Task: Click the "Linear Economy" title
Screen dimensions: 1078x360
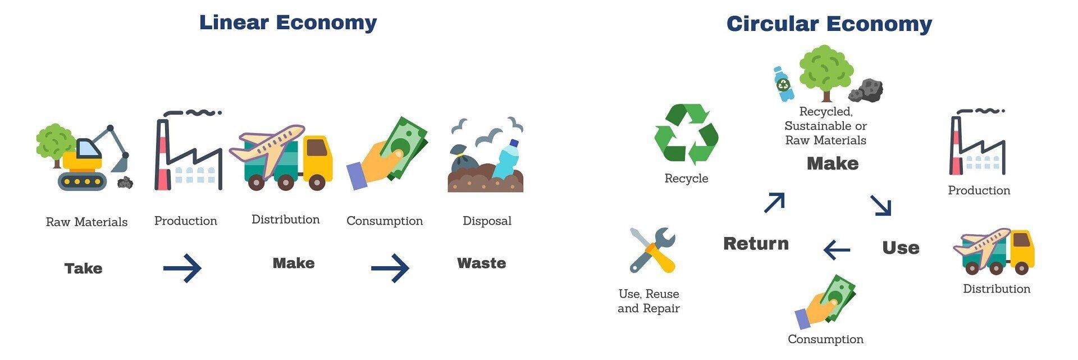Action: [x=288, y=22]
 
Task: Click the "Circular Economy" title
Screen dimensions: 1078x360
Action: [x=829, y=24]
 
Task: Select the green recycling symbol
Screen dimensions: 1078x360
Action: [x=686, y=135]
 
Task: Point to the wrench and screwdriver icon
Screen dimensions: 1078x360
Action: [x=652, y=250]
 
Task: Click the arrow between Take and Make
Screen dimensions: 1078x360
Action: [x=182, y=268]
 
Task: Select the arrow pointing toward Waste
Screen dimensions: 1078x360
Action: [x=390, y=268]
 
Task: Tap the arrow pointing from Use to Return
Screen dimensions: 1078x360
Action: [x=837, y=249]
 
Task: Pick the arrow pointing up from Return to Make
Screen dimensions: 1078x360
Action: [x=774, y=202]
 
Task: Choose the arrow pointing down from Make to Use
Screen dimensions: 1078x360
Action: [x=880, y=206]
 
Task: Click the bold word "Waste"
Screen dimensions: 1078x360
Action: [x=481, y=263]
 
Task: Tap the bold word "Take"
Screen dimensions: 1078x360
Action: [x=83, y=268]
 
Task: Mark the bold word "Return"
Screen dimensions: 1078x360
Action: [x=756, y=244]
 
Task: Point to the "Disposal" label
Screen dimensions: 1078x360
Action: [x=487, y=221]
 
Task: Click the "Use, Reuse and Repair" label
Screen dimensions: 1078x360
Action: [x=648, y=301]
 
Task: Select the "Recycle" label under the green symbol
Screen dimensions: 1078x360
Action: [x=686, y=179]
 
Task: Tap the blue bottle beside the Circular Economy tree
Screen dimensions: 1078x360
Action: [x=783, y=84]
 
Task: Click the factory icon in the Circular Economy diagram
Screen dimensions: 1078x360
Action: [x=977, y=142]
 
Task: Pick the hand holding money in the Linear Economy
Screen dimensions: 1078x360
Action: [x=386, y=153]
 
